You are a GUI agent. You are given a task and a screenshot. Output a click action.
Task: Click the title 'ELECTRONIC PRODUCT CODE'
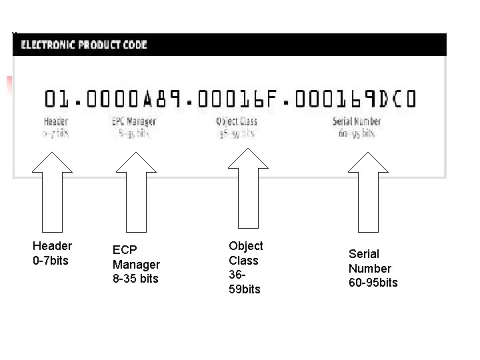tap(84, 45)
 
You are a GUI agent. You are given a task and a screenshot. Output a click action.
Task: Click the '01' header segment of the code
tap(56, 100)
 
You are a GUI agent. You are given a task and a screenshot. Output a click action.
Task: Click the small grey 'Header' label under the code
tap(56, 121)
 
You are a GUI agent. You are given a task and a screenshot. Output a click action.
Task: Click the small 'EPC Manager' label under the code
tap(133, 121)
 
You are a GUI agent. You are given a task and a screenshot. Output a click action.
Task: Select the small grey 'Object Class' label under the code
tap(236, 121)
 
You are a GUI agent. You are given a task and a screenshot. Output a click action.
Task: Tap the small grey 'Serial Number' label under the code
tap(357, 121)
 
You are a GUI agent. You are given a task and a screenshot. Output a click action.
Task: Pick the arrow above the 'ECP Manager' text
tap(135, 193)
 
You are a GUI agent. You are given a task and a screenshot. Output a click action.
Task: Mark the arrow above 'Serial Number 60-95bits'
tap(369, 193)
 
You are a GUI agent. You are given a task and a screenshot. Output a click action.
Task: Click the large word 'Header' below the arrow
tap(52, 246)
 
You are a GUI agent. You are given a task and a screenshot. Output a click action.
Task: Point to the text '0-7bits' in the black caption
tap(51, 261)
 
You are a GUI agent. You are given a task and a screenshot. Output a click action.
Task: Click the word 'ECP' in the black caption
tap(125, 250)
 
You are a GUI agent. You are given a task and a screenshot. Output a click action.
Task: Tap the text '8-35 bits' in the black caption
tap(135, 279)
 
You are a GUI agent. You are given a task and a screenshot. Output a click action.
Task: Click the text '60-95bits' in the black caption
tap(373, 283)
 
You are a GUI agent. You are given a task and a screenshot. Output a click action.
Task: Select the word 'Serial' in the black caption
tap(364, 254)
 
